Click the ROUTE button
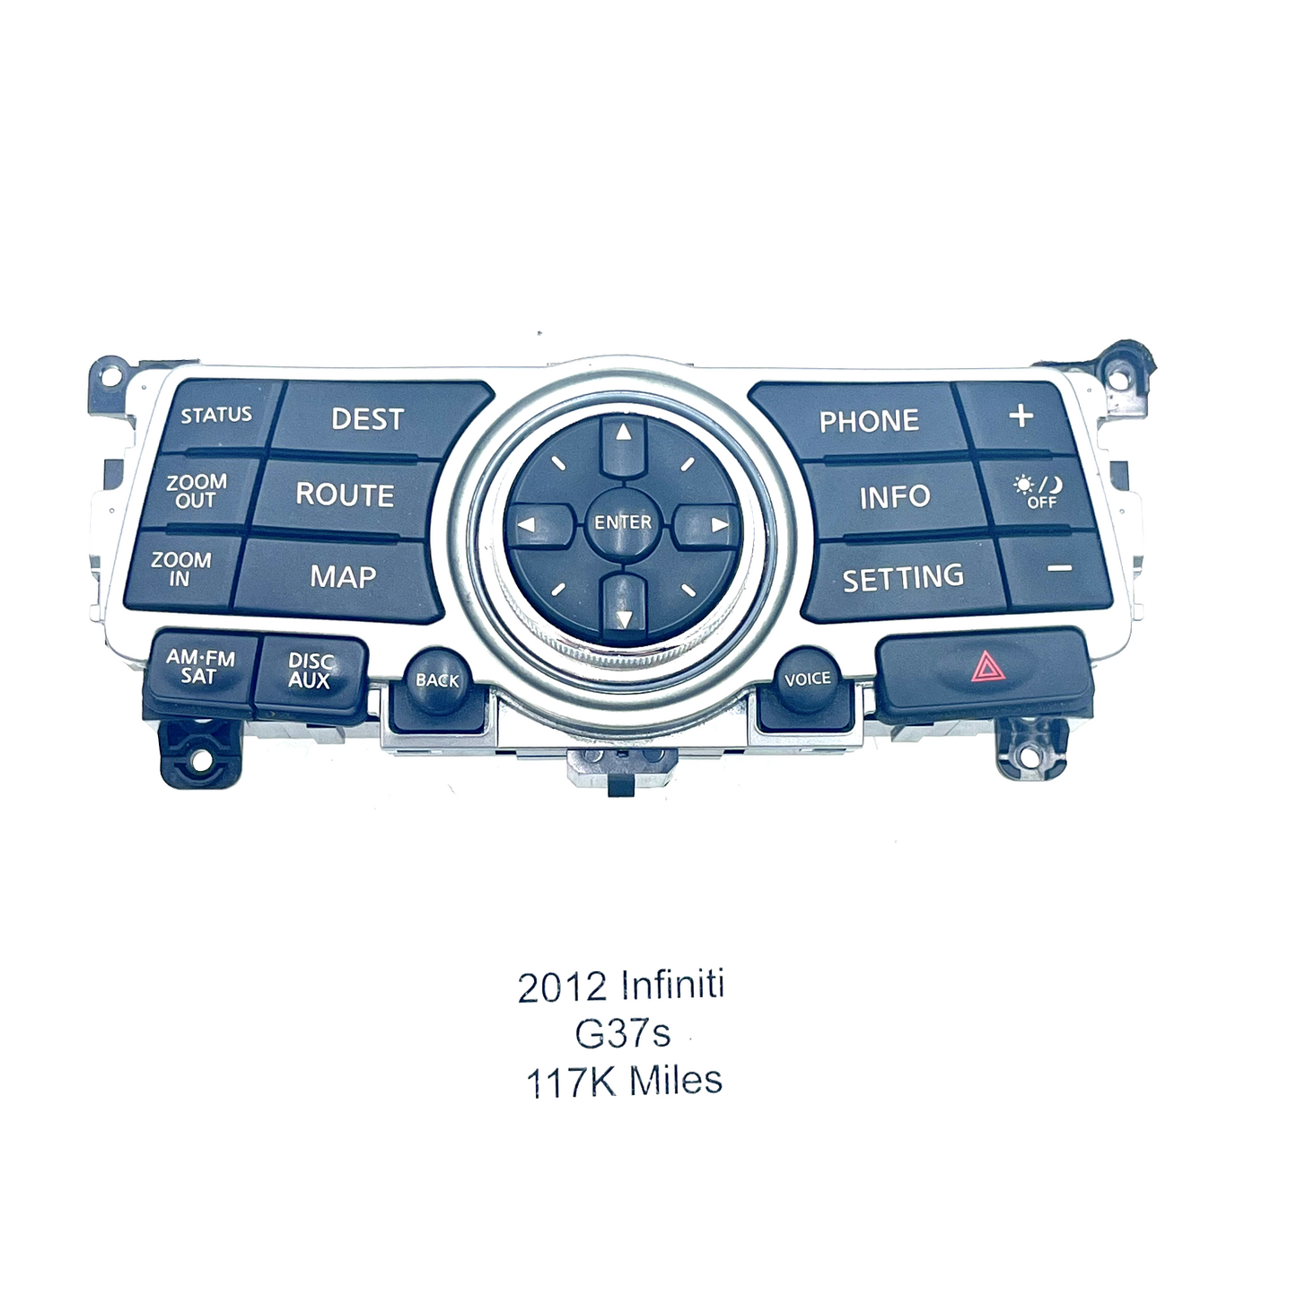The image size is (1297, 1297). pos(345,495)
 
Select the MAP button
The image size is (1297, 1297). pos(340,577)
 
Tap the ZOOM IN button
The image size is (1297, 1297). pos(180,569)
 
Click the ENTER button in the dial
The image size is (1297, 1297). pos(623,522)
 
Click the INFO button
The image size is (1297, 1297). pos(895,496)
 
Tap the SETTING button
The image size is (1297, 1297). pos(903,577)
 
